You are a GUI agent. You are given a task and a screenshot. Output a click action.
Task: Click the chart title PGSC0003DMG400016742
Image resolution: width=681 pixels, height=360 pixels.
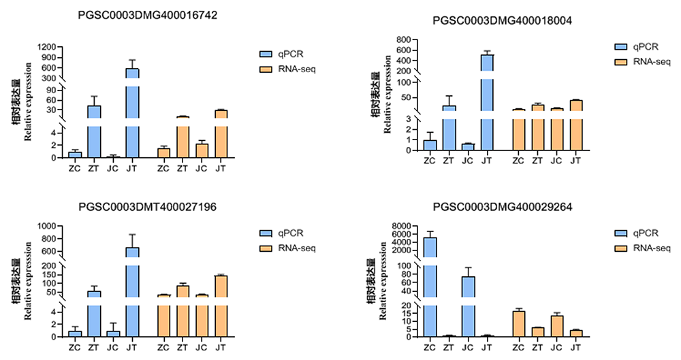[x=148, y=15]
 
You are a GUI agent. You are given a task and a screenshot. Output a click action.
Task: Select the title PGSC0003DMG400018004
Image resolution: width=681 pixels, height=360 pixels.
[x=502, y=20]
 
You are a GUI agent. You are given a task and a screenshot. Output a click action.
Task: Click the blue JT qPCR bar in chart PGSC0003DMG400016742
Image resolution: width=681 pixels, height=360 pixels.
[x=132, y=112]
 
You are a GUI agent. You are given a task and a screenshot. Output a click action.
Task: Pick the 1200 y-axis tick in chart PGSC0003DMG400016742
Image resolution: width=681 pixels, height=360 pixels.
[x=48, y=48]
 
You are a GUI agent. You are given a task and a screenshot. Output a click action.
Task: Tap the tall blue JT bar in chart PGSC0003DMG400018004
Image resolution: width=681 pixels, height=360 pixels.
[x=486, y=102]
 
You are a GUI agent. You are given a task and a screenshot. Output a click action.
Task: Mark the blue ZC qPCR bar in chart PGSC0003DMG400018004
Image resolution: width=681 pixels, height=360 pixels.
[x=430, y=145]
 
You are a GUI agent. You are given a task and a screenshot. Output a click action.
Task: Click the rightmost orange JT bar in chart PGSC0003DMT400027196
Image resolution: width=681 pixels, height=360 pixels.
[x=220, y=306]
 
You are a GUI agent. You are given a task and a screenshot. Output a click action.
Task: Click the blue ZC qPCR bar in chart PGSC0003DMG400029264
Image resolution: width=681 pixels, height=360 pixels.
[x=430, y=286]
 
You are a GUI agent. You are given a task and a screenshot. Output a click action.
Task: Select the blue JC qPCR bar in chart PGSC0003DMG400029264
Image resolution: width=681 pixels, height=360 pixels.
[x=468, y=306]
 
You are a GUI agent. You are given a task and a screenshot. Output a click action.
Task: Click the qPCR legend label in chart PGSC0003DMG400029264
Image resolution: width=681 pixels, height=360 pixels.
[x=644, y=233]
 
